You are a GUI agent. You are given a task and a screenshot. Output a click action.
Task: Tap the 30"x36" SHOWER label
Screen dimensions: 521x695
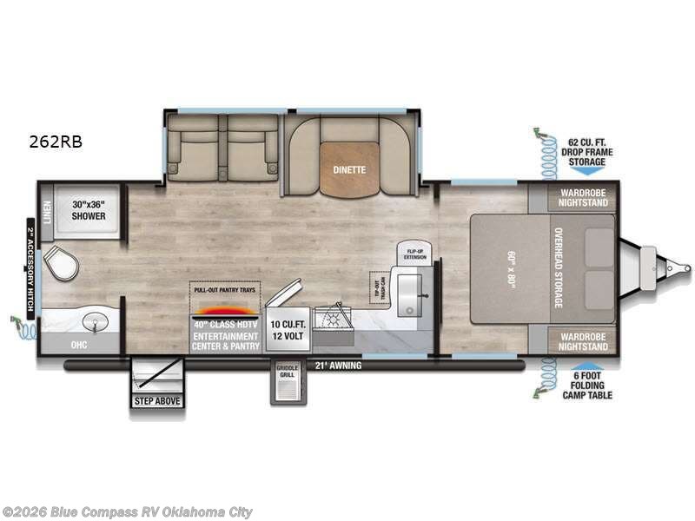coord(89,209)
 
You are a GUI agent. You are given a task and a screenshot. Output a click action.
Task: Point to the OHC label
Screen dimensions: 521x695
coord(80,344)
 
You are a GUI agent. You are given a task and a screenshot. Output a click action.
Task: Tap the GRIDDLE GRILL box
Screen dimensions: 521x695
coord(288,372)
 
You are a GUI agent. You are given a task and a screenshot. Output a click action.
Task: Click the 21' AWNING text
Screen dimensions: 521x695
coord(338,366)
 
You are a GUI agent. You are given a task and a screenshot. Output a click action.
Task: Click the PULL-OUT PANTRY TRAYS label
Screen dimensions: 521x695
coord(224,288)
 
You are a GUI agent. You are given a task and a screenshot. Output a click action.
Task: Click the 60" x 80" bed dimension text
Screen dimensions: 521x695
coord(510,269)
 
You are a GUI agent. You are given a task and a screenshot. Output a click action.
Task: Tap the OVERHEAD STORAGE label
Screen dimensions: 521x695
coord(559,269)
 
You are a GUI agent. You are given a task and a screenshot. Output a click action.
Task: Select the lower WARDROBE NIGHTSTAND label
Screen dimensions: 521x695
coord(583,341)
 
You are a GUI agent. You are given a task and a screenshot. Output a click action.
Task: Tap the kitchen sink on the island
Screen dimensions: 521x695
coord(407,294)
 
